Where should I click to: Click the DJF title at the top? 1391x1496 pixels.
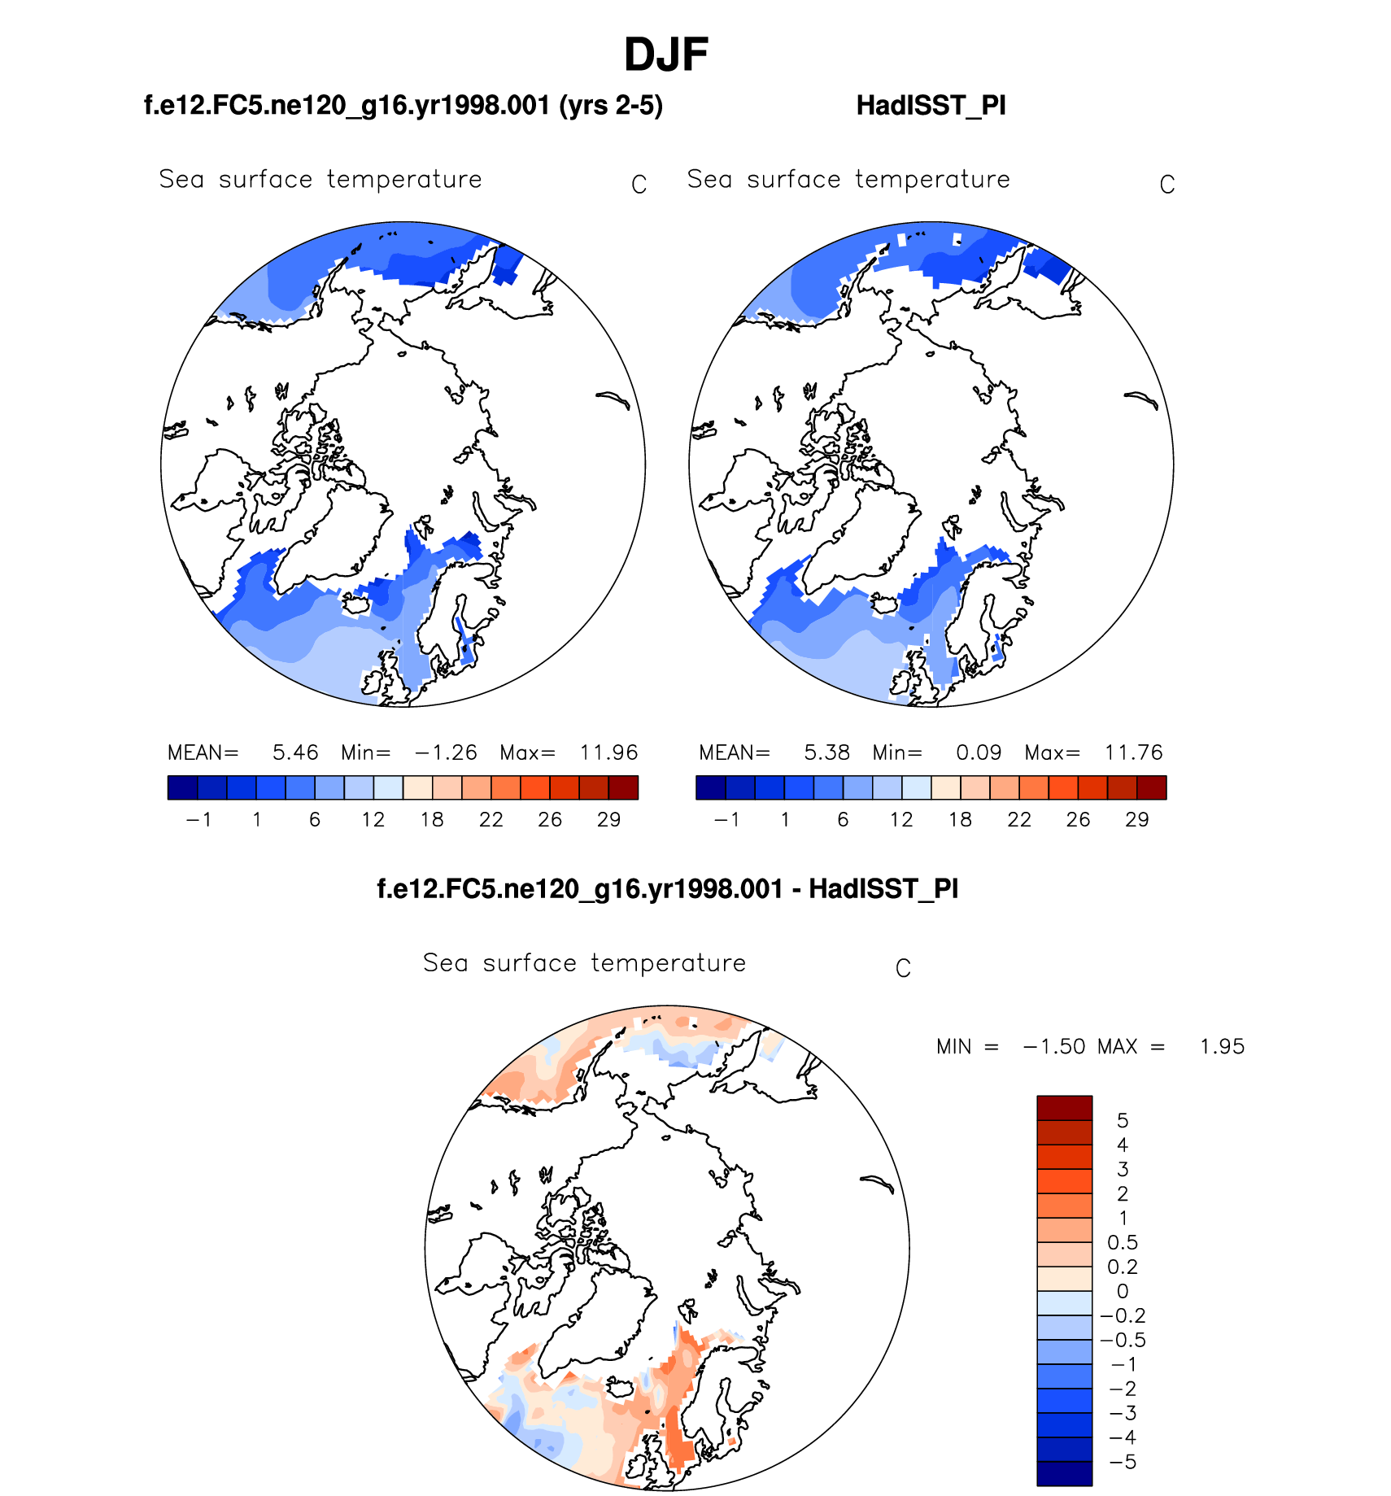coord(665,55)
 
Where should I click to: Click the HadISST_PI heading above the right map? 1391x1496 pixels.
coord(931,106)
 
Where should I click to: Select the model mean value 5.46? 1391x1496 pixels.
coord(294,752)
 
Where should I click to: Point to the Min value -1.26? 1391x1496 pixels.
coord(446,752)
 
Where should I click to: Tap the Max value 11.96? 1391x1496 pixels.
coord(608,752)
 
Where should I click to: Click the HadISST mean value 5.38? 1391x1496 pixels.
coord(826,752)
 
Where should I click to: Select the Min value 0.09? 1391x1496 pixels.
coord(979,752)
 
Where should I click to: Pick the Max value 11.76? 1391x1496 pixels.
coord(1133,752)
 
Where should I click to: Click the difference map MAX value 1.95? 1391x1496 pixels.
coord(1222,1047)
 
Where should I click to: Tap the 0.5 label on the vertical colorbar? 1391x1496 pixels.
coord(1123,1242)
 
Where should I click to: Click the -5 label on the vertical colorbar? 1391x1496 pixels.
coord(1123,1462)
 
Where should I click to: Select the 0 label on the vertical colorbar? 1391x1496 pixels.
coord(1123,1291)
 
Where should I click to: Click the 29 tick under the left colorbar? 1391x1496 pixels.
coord(608,820)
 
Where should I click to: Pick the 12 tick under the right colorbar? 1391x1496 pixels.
coord(901,820)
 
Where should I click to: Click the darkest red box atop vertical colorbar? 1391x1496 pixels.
coord(1064,1108)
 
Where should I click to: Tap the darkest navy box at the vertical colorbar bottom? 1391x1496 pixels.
coord(1064,1473)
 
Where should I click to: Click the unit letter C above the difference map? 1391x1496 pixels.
coord(903,969)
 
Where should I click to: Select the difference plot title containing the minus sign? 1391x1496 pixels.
coord(667,889)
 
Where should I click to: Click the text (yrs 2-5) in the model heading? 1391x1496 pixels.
coord(611,106)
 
